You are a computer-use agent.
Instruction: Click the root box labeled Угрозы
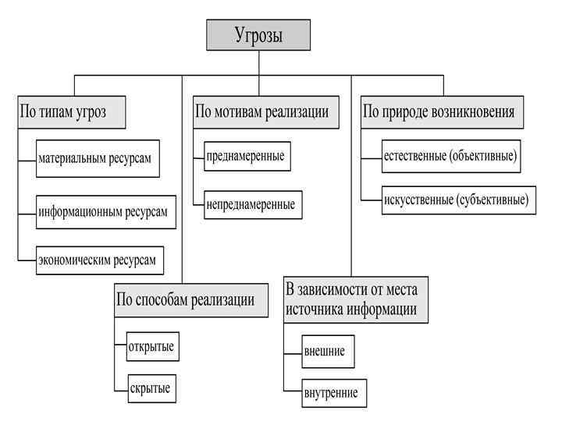(x=258, y=35)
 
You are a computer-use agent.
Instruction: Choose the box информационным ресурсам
(x=102, y=211)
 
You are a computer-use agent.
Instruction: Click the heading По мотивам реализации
(x=261, y=111)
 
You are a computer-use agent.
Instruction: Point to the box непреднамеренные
(x=251, y=205)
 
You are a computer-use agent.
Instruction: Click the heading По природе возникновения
(x=439, y=111)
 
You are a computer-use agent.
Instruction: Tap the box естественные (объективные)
(x=450, y=156)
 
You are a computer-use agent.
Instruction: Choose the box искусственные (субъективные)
(x=456, y=200)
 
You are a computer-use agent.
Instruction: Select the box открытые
(x=151, y=345)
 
